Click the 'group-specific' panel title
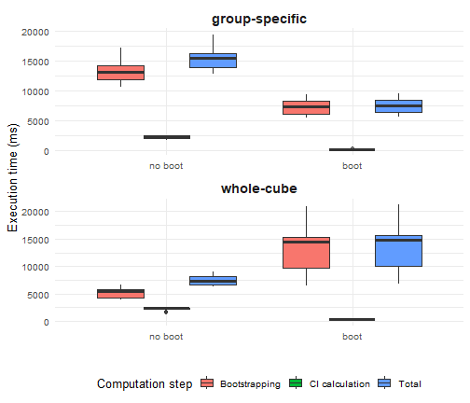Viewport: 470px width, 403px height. [x=258, y=19]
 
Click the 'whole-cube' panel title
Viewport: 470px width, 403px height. [x=258, y=189]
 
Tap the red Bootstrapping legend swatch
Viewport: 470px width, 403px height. [x=207, y=383]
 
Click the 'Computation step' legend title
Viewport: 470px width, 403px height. [x=145, y=383]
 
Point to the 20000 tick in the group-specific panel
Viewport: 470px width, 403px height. [x=35, y=32]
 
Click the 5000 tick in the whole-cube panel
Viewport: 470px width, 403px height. [x=37, y=295]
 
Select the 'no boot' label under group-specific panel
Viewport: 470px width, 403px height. [x=167, y=167]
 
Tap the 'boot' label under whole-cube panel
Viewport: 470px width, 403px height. [x=352, y=337]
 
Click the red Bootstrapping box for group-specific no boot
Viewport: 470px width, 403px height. [x=121, y=73]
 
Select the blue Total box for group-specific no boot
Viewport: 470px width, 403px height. [x=213, y=61]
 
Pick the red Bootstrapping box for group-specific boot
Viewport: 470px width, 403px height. [x=306, y=107]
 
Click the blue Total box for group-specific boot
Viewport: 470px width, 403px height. [x=398, y=106]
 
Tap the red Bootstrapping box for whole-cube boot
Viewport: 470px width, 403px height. [x=306, y=252]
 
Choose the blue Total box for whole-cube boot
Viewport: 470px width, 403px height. [x=398, y=250]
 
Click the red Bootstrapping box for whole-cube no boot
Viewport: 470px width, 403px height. [x=121, y=294]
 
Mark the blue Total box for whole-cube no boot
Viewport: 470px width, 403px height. [x=213, y=280]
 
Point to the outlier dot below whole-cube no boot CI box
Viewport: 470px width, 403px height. [x=166, y=313]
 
